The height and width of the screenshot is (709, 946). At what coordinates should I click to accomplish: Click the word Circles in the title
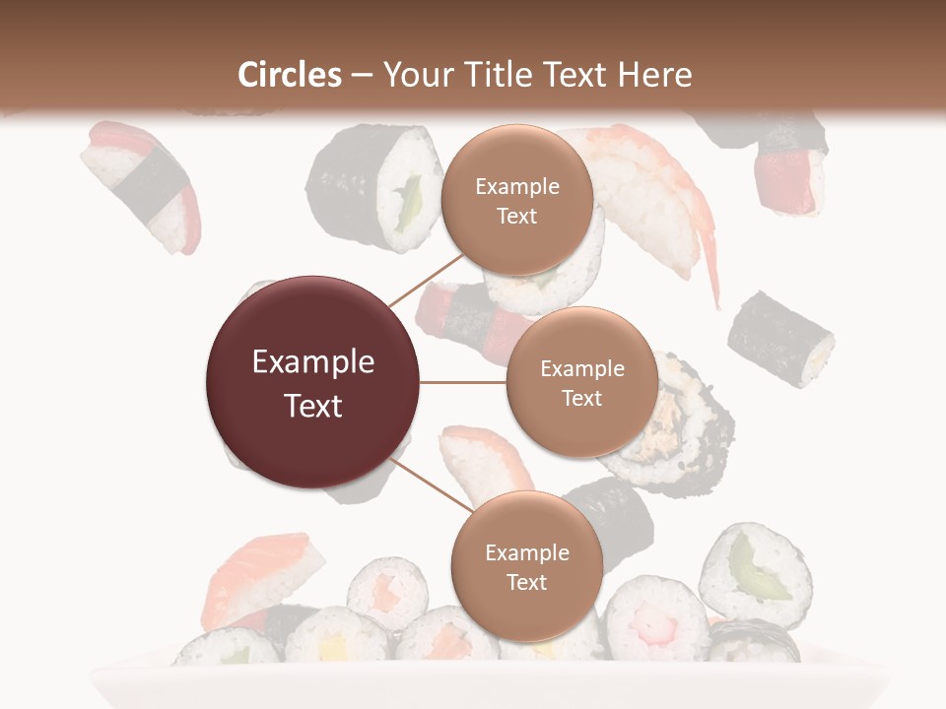point(290,75)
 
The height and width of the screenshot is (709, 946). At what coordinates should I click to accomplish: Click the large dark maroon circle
point(312,382)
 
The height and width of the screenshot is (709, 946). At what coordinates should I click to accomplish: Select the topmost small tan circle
point(516,200)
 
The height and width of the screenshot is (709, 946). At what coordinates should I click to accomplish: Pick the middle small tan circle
point(581,382)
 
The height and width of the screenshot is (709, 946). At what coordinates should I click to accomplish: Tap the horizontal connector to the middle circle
point(462,382)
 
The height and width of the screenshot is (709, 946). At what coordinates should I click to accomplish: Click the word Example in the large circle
point(312,362)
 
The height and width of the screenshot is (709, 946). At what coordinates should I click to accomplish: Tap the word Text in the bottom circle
point(526,582)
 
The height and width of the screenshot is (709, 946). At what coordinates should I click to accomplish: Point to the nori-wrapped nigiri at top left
point(140,184)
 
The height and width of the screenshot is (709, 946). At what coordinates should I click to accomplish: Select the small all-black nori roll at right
point(780,339)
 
